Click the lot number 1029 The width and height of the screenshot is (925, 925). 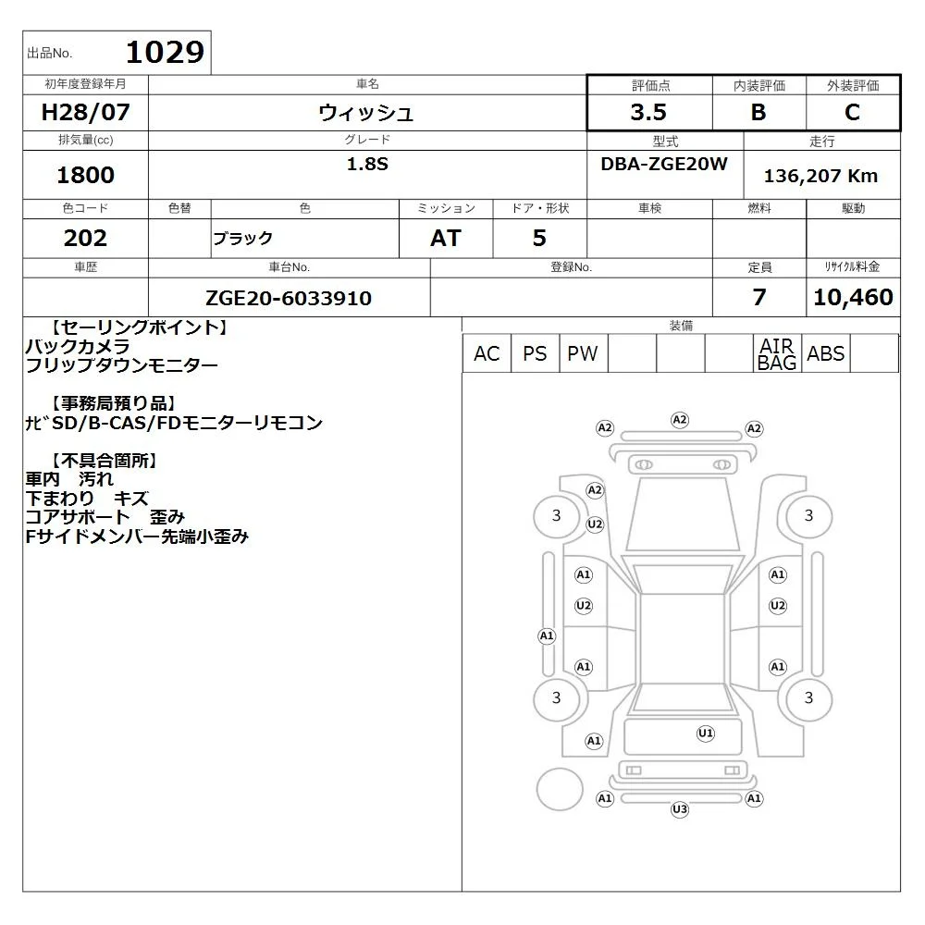coord(166,52)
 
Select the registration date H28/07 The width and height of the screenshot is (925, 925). coord(85,112)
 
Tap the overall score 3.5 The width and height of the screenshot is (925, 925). coord(648,112)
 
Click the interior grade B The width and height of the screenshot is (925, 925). coord(758,112)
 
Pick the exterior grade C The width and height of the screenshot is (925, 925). coord(853,112)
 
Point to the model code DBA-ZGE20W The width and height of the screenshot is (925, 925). coord(664,164)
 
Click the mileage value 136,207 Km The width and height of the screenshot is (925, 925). coord(820,176)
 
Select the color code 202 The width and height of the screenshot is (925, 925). coord(85,238)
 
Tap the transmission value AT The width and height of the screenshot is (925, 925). coord(446,238)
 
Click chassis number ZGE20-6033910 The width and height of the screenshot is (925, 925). coord(289,298)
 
